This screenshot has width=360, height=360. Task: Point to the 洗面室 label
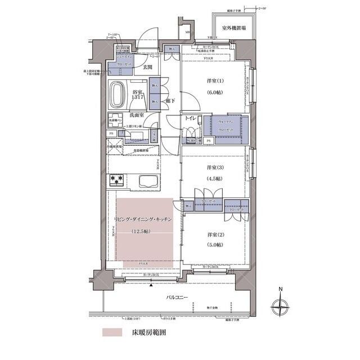pyautogui.click(x=137, y=115)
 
